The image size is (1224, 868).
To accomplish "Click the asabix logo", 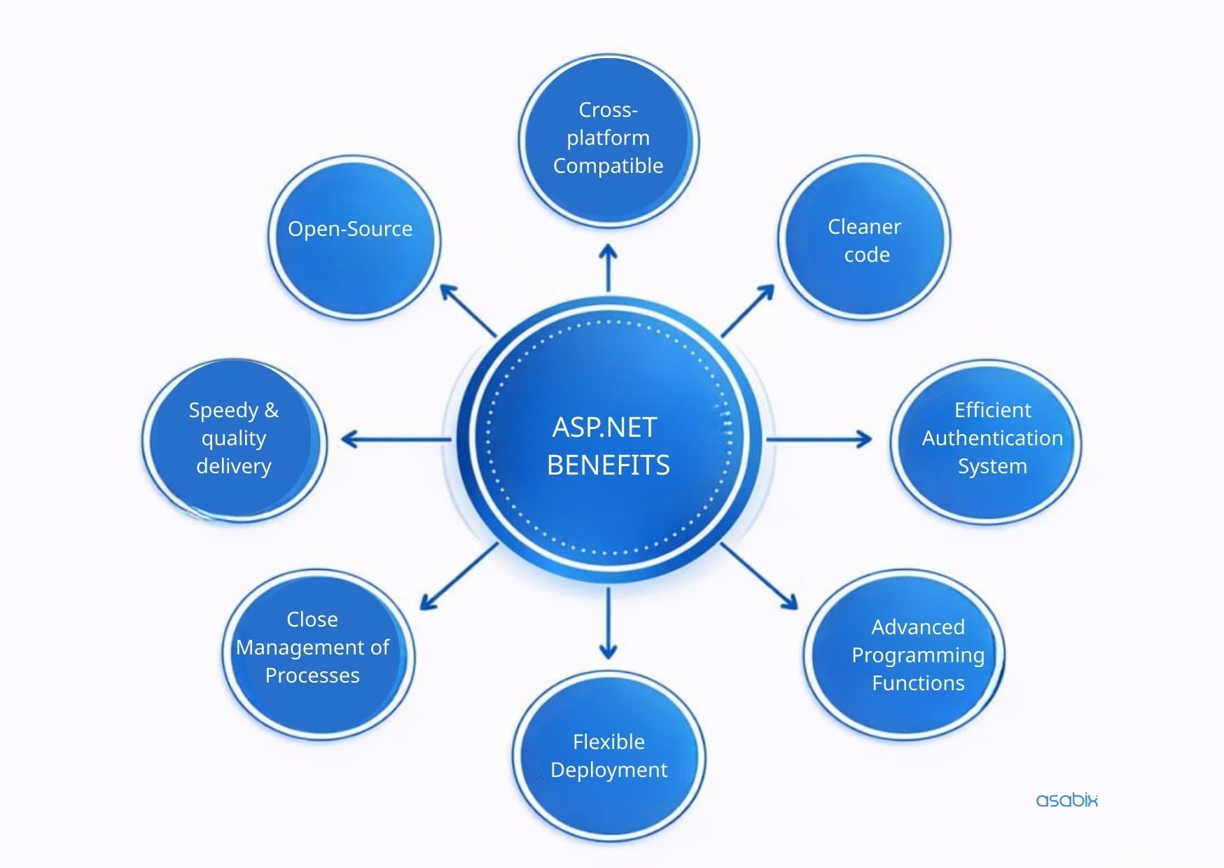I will tap(1066, 800).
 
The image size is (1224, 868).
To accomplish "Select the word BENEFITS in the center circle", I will tap(608, 465).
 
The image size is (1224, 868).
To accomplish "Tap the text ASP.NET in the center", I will tap(604, 427).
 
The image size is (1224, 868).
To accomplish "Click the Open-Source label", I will tap(350, 229).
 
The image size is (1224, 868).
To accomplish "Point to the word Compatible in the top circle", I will tap(608, 166).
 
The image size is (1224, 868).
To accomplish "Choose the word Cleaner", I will tap(864, 227).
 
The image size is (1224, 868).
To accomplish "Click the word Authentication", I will tap(992, 438).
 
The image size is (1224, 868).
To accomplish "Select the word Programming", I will tap(917, 655).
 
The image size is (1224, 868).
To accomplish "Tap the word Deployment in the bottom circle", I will tap(608, 770).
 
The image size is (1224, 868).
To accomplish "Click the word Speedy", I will tap(223, 410).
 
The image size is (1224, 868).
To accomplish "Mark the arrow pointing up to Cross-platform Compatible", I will tap(608, 267).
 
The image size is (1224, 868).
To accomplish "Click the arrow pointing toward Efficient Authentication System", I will tap(819, 440).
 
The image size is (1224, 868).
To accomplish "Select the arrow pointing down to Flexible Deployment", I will tap(608, 623).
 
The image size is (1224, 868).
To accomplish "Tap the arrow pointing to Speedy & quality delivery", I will tap(396, 440).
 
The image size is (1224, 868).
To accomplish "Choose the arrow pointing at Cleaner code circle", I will tap(748, 310).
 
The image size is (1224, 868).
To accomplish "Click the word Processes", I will tap(312, 675).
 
